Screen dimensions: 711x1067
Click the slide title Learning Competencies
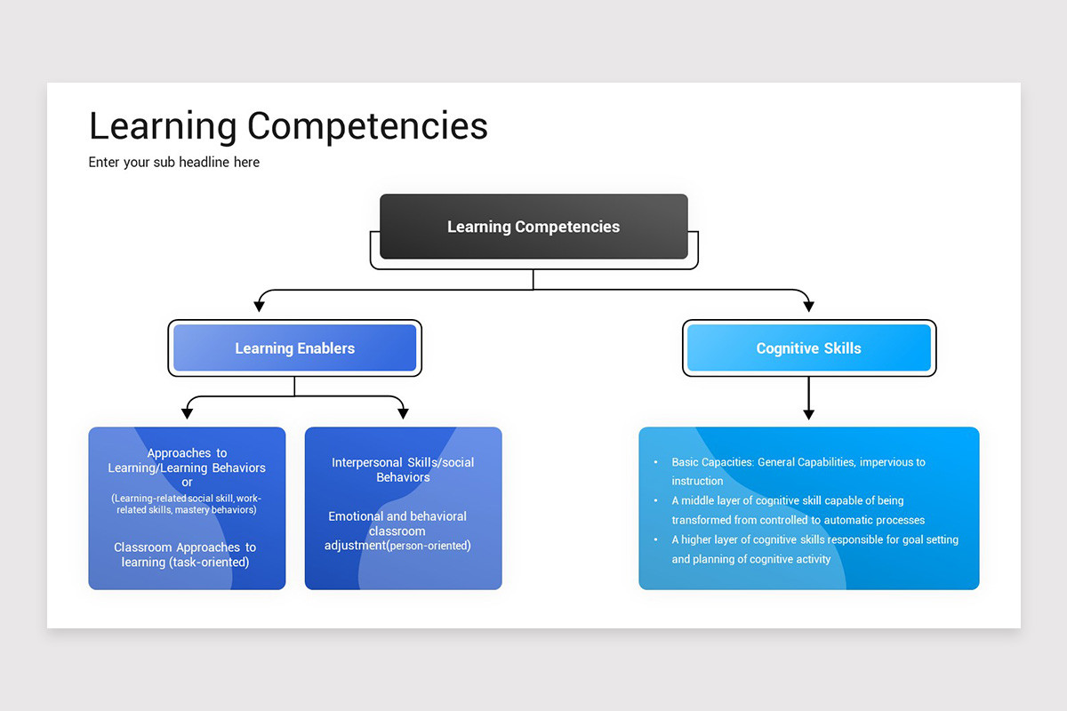pyautogui.click(x=288, y=126)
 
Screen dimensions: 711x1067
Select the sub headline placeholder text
pyautogui.click(x=174, y=162)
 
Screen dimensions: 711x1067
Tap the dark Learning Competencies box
pyautogui.click(x=533, y=227)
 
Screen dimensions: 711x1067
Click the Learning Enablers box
pyautogui.click(x=294, y=348)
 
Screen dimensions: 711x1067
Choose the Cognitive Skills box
pyautogui.click(x=808, y=348)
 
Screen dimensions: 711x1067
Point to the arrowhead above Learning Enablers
pyautogui.click(x=260, y=305)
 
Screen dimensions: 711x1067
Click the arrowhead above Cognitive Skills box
pyautogui.click(x=808, y=305)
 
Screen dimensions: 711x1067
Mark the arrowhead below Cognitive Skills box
pyautogui.click(x=808, y=412)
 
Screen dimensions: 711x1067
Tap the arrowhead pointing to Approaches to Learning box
pyautogui.click(x=187, y=411)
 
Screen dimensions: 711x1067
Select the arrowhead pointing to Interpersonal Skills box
pyautogui.click(x=403, y=411)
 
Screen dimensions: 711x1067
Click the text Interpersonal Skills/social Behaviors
pyautogui.click(x=403, y=469)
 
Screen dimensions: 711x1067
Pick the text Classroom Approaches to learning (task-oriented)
pyautogui.click(x=185, y=555)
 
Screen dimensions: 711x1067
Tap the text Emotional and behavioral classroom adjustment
pyautogui.click(x=397, y=531)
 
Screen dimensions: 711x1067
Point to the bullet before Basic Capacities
pyautogui.click(x=655, y=463)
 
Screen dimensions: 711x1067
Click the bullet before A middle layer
pyautogui.click(x=655, y=501)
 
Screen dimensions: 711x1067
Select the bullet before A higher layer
pyautogui.click(x=655, y=540)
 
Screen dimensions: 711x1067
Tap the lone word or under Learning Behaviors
pyautogui.click(x=187, y=483)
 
